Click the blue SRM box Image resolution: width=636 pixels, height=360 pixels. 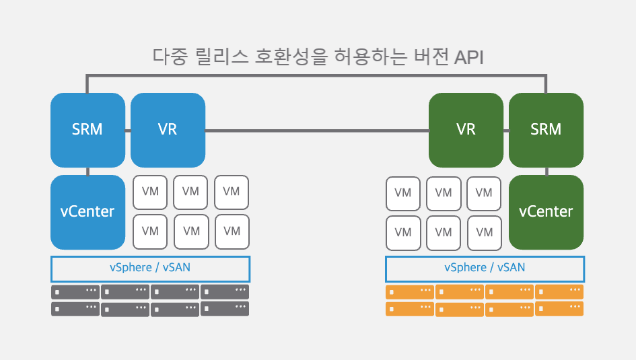click(87, 130)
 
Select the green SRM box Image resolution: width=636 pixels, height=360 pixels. click(546, 130)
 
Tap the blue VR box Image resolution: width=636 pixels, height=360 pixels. click(168, 130)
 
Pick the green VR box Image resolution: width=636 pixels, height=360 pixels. click(466, 130)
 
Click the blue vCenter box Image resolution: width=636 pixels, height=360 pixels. click(87, 212)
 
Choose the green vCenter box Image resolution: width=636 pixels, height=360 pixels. click(546, 212)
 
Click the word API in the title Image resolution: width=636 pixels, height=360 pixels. click(468, 57)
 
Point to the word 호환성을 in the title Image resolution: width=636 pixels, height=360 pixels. click(291, 57)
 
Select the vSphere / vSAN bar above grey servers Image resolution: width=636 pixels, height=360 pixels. click(150, 268)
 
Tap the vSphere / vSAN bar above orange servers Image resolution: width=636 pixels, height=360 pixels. click(485, 268)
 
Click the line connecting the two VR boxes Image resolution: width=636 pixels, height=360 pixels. click(317, 131)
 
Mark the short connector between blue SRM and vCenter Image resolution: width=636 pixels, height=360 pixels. click(87, 172)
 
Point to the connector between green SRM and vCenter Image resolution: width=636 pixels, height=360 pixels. click(546, 172)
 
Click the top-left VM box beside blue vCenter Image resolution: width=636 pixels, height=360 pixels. click(150, 192)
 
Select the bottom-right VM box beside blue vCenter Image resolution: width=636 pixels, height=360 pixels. click(232, 232)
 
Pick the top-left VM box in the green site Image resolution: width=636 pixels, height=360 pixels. click(402, 194)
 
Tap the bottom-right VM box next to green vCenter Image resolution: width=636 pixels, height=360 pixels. click(485, 233)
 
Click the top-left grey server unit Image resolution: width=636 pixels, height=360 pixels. click(75, 292)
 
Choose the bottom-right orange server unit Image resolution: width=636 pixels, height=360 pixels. click(559, 308)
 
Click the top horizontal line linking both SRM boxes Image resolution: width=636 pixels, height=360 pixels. click(316, 76)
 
